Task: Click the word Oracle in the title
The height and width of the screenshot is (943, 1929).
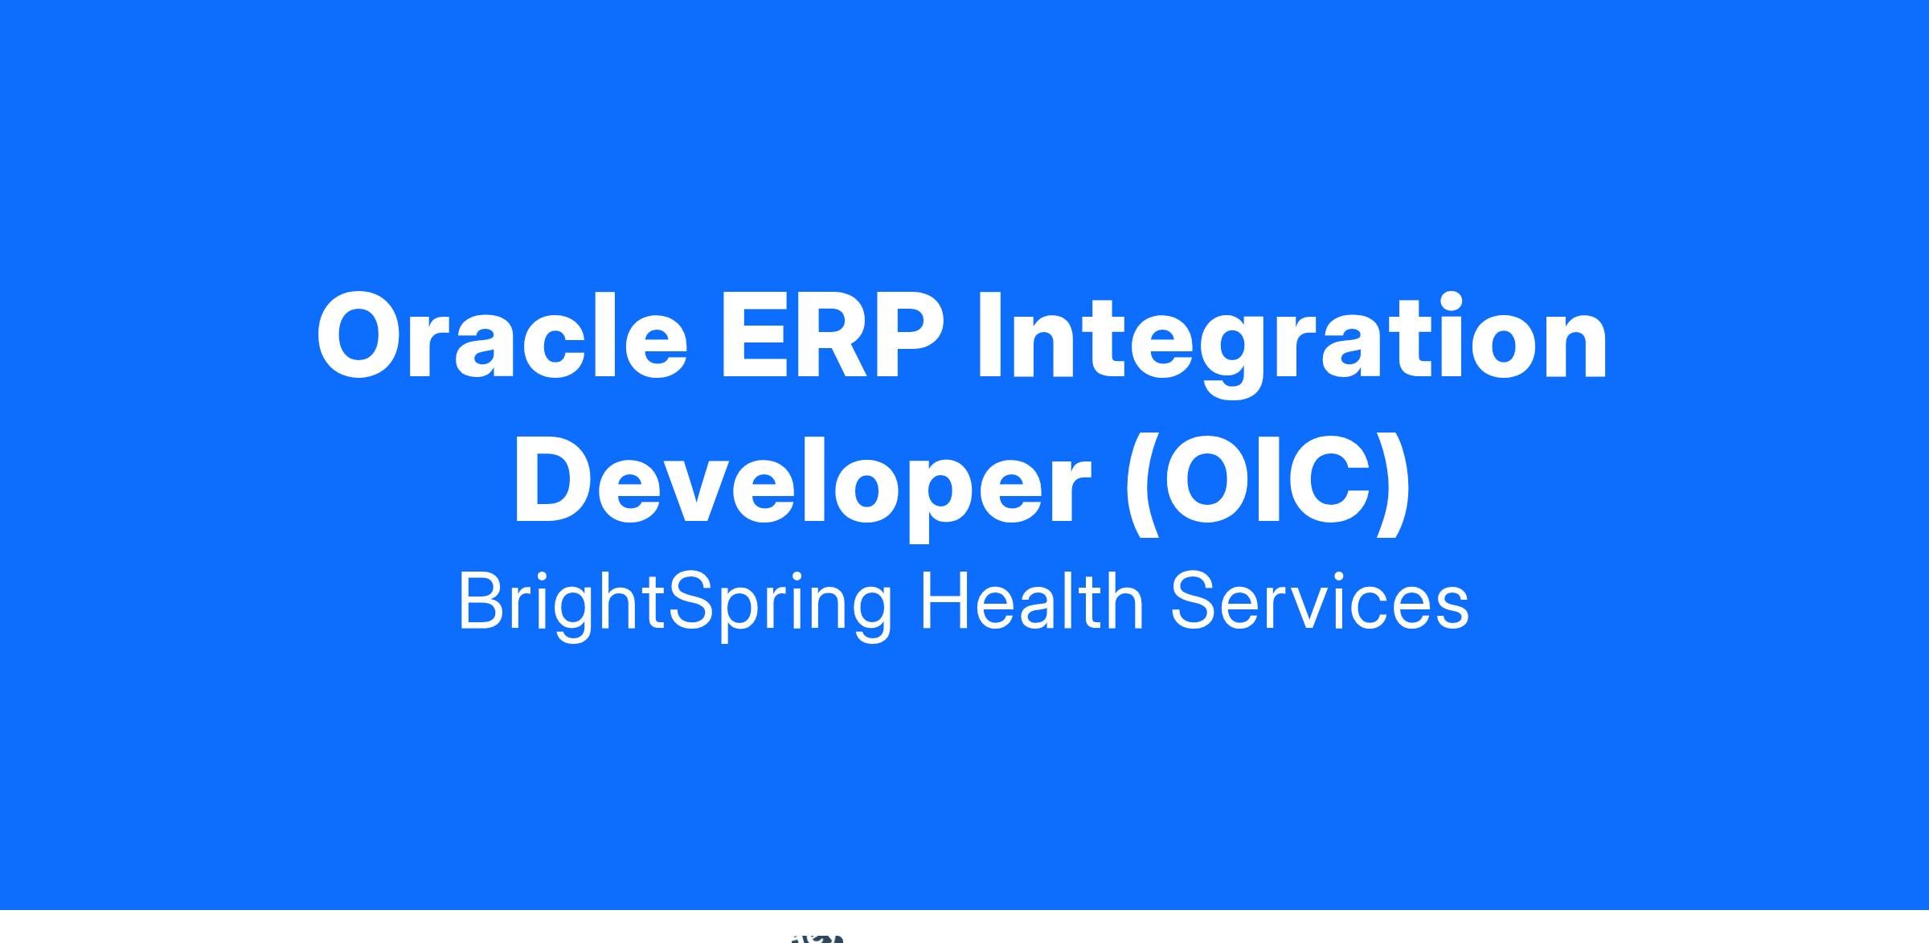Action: pos(502,336)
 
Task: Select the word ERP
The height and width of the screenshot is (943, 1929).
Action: pos(832,337)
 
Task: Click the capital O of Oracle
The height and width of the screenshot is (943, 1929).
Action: pos(361,337)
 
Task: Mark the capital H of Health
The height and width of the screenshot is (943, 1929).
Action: pos(945,600)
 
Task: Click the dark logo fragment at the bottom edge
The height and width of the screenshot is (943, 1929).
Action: pos(818,938)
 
